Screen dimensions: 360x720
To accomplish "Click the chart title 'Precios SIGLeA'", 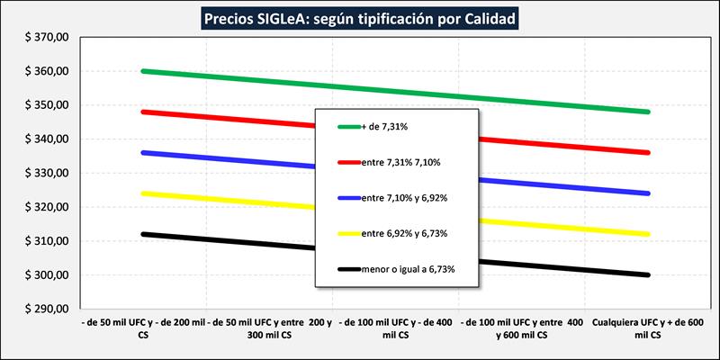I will (359, 18).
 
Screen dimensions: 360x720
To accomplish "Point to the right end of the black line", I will (647, 274).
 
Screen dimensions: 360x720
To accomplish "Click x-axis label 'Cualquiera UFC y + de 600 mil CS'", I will (647, 327).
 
